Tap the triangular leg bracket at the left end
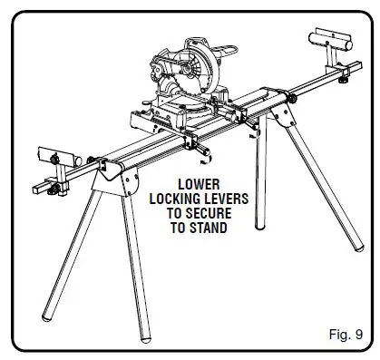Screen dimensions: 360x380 pos(114,179)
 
